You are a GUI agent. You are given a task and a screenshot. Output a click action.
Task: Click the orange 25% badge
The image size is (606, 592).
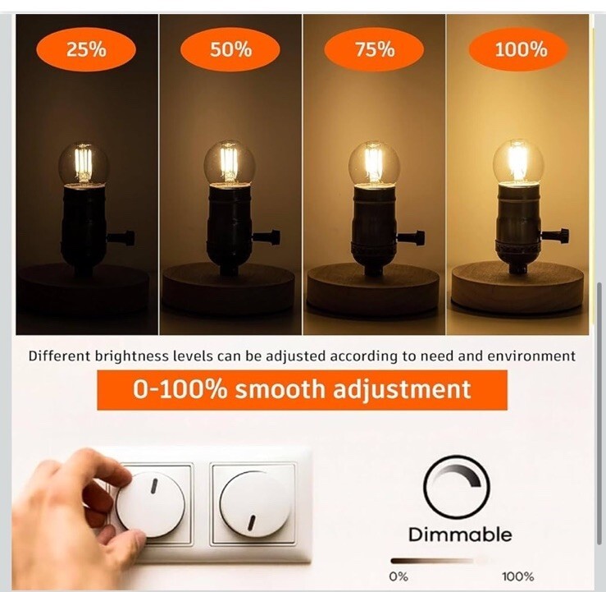(86, 49)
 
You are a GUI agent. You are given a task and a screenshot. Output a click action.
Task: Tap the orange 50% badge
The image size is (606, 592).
(230, 49)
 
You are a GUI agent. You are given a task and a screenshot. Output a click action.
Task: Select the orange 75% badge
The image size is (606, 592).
(374, 49)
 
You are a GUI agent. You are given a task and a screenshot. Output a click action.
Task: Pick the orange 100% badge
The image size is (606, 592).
(518, 49)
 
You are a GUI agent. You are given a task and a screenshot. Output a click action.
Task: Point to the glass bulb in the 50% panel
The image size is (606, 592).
(230, 163)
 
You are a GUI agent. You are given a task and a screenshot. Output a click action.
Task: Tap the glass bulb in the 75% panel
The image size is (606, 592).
(374, 164)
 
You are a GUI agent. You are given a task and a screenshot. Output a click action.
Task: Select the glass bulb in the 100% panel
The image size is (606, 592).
(518, 163)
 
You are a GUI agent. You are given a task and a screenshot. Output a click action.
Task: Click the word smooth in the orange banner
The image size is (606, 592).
(280, 389)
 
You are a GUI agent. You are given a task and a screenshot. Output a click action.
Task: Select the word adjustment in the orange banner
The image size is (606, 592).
(402, 390)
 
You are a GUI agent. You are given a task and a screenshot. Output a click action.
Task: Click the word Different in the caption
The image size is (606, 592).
(59, 356)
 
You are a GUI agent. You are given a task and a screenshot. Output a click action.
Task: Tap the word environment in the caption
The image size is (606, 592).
(531, 356)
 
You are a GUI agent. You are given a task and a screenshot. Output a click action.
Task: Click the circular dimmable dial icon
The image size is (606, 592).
(457, 487)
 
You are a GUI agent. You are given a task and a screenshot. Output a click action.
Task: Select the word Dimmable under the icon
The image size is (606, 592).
(460, 535)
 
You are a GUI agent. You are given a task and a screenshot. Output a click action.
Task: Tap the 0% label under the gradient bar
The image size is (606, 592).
(399, 577)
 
